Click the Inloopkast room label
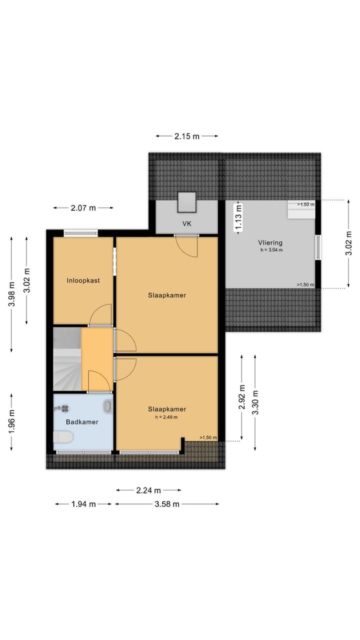click(83, 280)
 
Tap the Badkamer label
click(82, 422)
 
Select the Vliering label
click(271, 242)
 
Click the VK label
click(186, 224)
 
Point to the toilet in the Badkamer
click(63, 437)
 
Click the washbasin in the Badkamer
click(107, 406)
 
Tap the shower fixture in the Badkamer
click(64, 408)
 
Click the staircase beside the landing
click(67, 359)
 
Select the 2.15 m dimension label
click(187, 136)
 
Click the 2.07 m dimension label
click(83, 208)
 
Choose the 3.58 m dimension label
click(167, 504)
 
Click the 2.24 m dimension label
click(148, 490)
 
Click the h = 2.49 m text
click(166, 417)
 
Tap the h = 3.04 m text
click(271, 250)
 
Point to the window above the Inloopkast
click(80, 232)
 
